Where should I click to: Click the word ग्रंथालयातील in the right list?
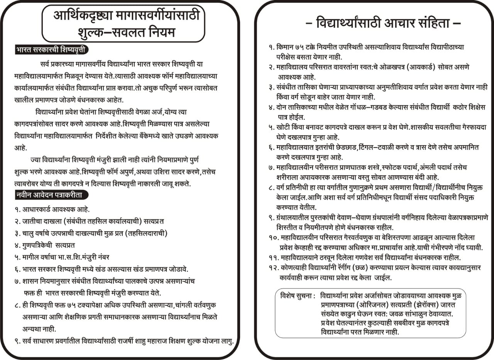pyautogui.click(x=295, y=218)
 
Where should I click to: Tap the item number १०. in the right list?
pyautogui.click(x=274, y=238)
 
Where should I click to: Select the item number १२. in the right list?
pyautogui.click(x=274, y=267)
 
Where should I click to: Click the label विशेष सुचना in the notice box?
pyautogui.click(x=298, y=296)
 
